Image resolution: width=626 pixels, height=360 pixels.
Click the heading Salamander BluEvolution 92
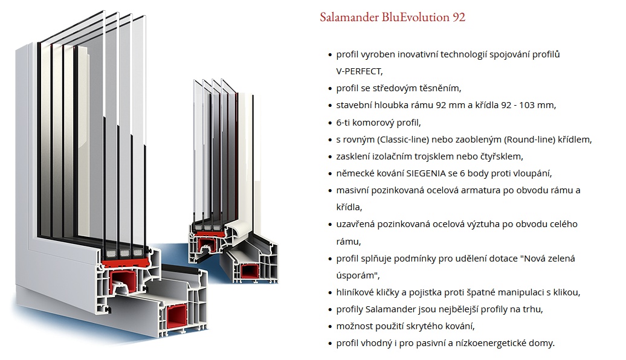[393, 17]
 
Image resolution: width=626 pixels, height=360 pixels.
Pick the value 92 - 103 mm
[528, 105]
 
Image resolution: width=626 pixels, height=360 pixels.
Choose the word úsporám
[357, 275]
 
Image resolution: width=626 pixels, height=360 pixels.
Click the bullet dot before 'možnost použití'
[329, 327]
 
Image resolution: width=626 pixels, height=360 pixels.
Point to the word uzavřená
[357, 224]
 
